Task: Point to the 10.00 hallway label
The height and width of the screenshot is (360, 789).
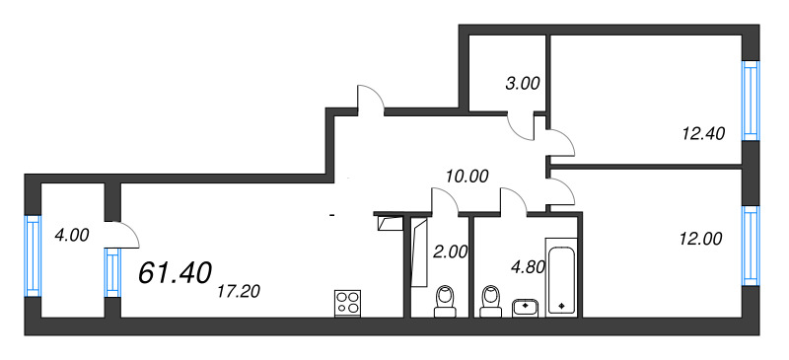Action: [466, 177]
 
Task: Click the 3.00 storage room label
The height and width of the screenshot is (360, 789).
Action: [522, 84]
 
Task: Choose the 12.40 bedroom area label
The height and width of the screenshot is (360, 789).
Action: [703, 132]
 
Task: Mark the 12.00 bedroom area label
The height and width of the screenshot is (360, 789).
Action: [701, 237]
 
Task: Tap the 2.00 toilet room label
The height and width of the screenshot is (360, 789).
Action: [450, 252]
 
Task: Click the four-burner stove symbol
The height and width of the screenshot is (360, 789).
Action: [347, 301]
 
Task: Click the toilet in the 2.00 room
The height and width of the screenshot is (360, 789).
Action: [446, 301]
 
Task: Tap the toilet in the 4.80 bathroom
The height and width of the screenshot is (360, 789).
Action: [490, 301]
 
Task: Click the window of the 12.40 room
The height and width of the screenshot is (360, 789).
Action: [751, 102]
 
